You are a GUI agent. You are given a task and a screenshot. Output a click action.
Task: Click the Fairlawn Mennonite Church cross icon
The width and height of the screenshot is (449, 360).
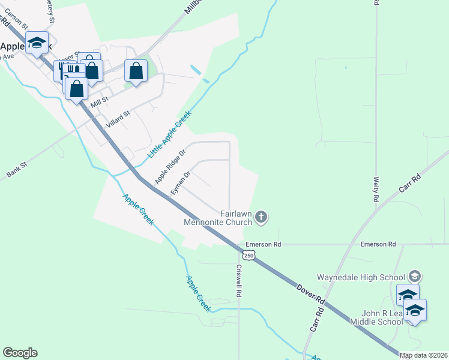[261, 216]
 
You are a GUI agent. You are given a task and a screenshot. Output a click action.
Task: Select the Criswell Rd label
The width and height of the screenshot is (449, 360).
[239, 281]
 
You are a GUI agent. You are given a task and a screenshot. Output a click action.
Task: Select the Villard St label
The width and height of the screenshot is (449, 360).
[118, 118]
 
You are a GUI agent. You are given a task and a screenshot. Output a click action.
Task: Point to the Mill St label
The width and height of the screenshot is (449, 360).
[99, 103]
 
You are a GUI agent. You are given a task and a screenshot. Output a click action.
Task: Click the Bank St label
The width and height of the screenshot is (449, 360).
[17, 169]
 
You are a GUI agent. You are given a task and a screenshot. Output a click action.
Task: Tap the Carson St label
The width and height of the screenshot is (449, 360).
[17, 20]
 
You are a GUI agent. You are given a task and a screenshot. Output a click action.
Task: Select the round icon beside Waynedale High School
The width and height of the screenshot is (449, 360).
[414, 276]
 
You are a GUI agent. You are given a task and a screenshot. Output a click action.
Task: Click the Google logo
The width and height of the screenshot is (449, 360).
[20, 353]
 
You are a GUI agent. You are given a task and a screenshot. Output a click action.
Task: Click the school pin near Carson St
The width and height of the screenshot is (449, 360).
[37, 43]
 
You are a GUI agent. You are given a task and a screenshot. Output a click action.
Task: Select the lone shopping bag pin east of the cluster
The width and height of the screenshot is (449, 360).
[136, 71]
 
